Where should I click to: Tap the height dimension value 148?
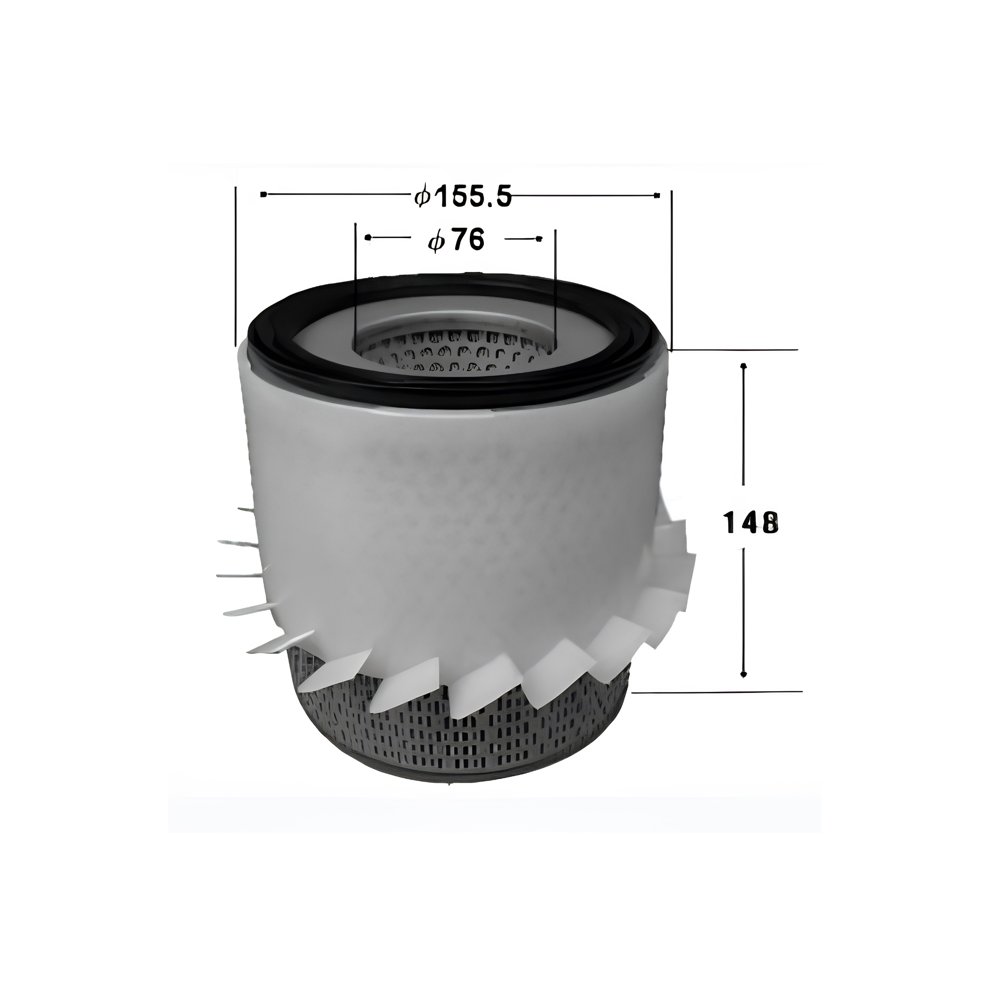751,523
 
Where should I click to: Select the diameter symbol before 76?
437,240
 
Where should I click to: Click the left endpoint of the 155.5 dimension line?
263,194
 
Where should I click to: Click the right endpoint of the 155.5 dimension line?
657,195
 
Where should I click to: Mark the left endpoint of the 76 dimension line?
368,238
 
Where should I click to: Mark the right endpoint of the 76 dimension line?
539,239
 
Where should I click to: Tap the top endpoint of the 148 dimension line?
743,366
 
